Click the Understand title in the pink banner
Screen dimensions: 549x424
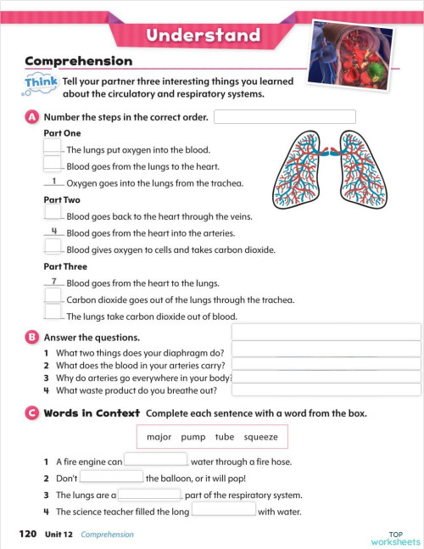(x=202, y=35)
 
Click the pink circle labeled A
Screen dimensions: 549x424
(x=31, y=116)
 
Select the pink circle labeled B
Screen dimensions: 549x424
(x=31, y=337)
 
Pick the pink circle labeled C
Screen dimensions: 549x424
(x=31, y=412)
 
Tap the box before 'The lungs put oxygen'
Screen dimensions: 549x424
(x=53, y=148)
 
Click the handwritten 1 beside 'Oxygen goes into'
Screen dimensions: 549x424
(x=53, y=181)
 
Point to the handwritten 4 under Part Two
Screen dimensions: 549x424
(x=53, y=231)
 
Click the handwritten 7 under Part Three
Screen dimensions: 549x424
(x=53, y=281)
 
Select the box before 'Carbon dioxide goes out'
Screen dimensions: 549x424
(x=53, y=298)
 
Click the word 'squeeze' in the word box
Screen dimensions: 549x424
(x=260, y=437)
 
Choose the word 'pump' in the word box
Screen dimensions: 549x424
(x=192, y=437)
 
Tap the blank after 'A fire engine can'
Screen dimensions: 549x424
(x=156, y=461)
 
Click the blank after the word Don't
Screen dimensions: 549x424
(x=111, y=477)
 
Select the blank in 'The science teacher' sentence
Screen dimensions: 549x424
(x=224, y=510)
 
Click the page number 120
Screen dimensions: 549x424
(x=28, y=535)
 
